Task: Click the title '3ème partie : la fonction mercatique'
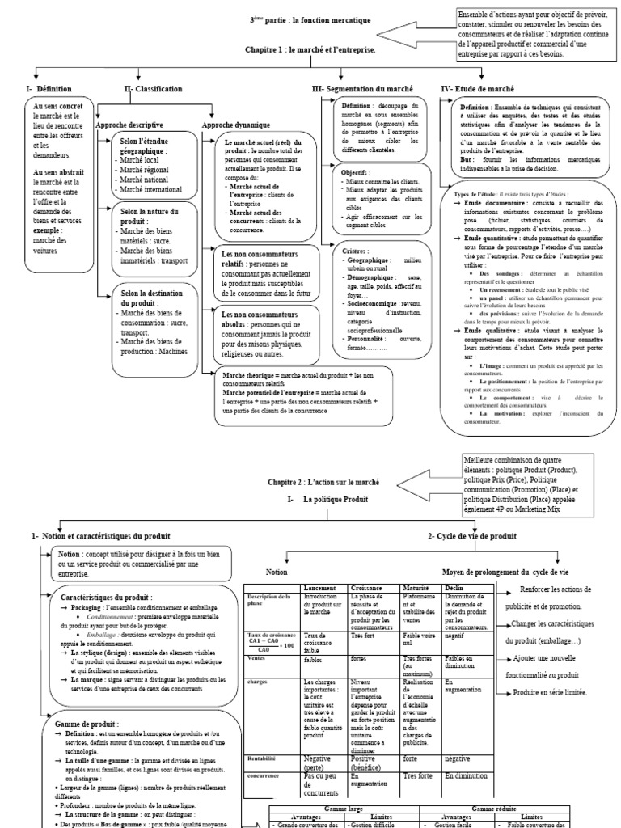point(310,19)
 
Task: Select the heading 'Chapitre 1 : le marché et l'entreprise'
point(310,50)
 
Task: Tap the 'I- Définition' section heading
point(49,89)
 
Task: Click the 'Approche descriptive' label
point(129,125)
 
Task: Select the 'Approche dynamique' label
point(236,125)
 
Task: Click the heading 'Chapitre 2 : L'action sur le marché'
point(323,482)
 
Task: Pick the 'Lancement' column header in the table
point(320,588)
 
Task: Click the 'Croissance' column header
point(368,588)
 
